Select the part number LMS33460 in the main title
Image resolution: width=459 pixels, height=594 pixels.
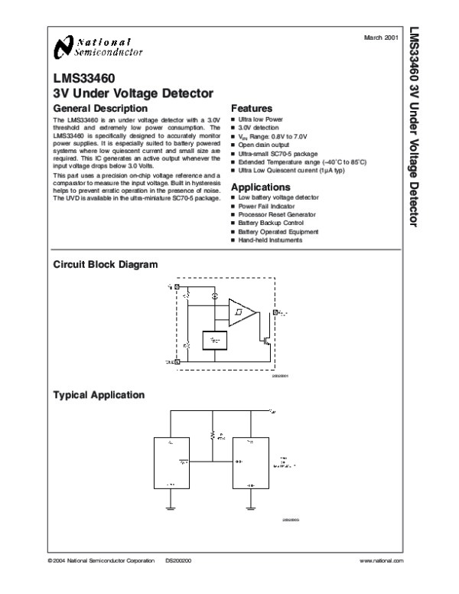point(80,77)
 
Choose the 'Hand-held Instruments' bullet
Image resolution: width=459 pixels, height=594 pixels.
point(269,240)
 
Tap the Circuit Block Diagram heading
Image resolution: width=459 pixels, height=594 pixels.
point(105,265)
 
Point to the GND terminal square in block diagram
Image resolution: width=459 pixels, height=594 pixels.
point(177,361)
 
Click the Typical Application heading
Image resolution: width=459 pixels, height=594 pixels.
point(98,395)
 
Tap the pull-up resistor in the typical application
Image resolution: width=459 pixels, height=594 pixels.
point(213,437)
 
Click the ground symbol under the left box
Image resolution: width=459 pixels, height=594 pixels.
point(172,506)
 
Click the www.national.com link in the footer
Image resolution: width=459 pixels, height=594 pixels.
point(379,560)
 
